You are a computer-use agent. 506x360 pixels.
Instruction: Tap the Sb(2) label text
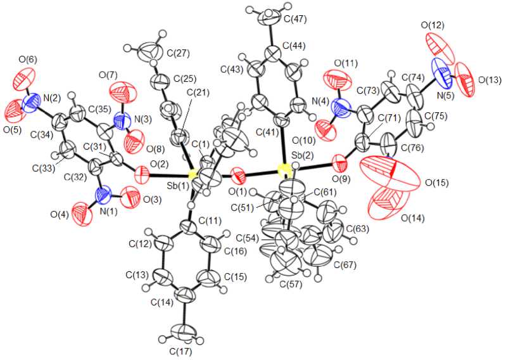click(305, 155)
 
